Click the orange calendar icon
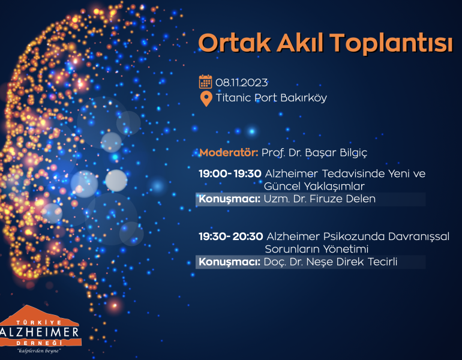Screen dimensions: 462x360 [205, 82]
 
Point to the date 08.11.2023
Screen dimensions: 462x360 [242, 83]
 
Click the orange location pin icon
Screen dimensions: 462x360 [206, 98]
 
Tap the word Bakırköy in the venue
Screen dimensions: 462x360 [304, 98]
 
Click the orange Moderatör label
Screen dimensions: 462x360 [229, 152]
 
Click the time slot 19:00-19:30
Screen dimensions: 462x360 [230, 173]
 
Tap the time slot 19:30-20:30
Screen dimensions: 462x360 [231, 236]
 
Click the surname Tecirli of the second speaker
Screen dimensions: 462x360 [384, 262]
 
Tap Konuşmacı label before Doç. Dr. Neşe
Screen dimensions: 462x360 [230, 262]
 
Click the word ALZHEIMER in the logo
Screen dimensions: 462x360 [40, 332]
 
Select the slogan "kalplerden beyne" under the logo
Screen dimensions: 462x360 [39, 351]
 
